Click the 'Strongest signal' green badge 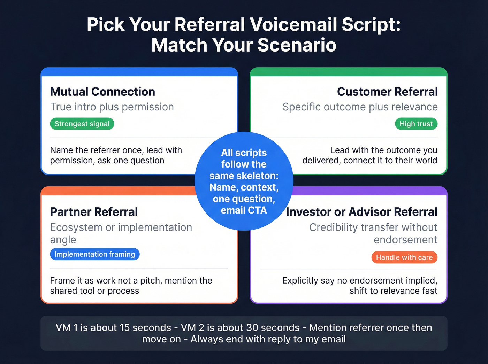(82, 124)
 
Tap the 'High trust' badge (416, 124)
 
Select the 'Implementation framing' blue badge (94, 254)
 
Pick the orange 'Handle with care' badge (404, 257)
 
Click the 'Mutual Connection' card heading (102, 92)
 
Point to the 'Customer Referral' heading (387, 92)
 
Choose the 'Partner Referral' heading (94, 212)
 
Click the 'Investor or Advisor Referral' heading (361, 212)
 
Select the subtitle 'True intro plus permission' (112, 107)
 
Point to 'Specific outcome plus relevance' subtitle (360, 107)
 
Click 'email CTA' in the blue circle (244, 210)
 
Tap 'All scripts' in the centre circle (244, 153)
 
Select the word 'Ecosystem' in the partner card (76, 227)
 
